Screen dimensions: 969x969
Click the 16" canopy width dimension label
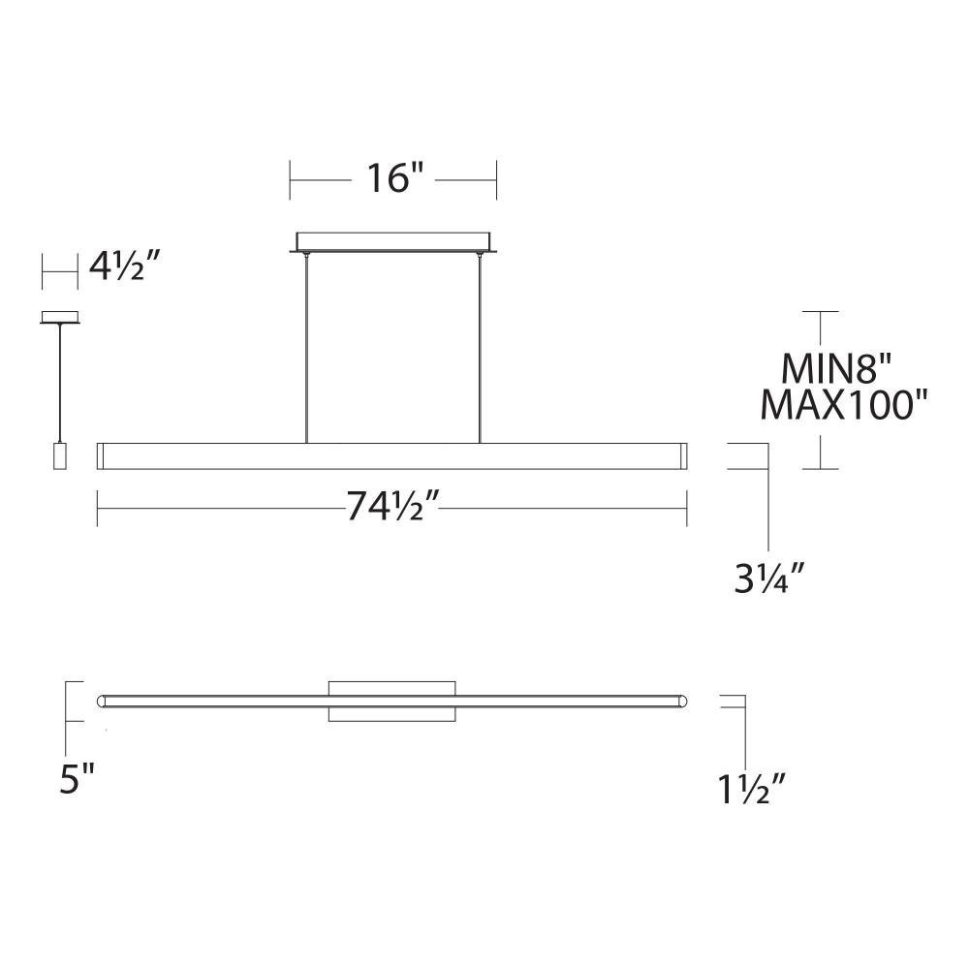tap(394, 178)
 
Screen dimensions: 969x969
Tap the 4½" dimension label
tap(125, 266)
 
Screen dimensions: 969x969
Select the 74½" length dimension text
tap(392, 506)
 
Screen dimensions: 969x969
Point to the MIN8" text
tap(835, 369)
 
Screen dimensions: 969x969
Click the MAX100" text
tap(844, 405)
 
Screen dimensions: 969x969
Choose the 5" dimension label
tap(77, 778)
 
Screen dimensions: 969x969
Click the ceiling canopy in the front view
tap(393, 242)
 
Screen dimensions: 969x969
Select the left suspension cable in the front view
tap(306, 348)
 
